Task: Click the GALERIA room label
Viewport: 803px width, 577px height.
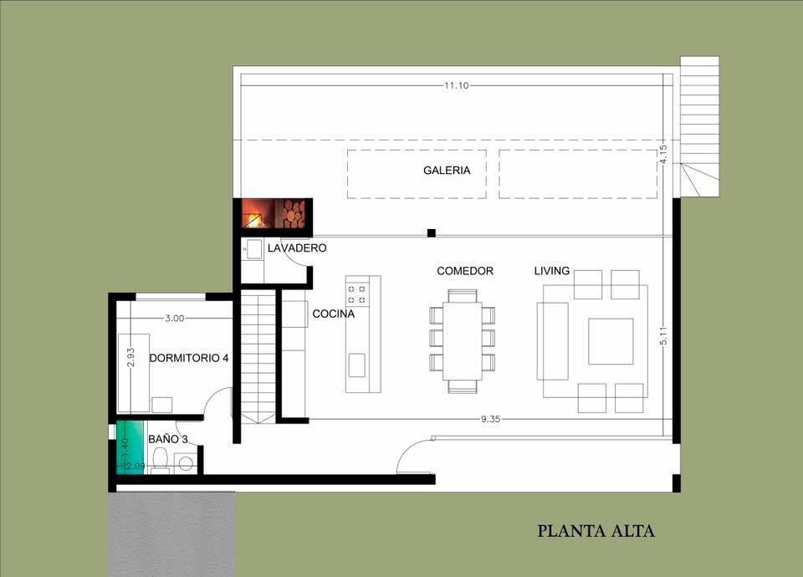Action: point(446,171)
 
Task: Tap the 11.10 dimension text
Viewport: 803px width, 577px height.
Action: point(456,85)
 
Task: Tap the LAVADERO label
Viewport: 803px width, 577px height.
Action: point(297,248)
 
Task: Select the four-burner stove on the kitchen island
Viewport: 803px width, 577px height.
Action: point(357,293)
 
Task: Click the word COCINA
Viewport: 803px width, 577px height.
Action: point(333,314)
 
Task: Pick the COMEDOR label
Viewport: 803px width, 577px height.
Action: point(465,271)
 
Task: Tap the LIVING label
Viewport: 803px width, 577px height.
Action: point(552,271)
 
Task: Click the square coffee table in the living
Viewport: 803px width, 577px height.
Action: point(611,340)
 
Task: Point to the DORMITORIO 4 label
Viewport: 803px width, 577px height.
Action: point(188,358)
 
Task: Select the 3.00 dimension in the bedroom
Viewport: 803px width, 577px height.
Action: point(174,319)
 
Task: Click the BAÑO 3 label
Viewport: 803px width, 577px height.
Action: point(167,438)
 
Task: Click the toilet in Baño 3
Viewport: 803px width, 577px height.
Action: point(161,459)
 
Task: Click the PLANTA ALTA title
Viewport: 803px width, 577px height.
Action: point(596,530)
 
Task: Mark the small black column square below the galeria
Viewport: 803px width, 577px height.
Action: point(431,232)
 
